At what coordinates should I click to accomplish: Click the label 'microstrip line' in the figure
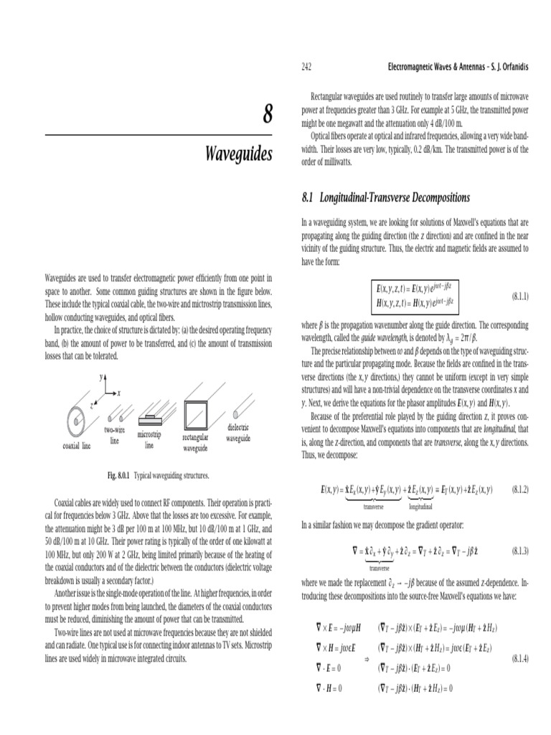coord(149,440)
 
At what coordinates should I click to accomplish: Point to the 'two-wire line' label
coord(114,435)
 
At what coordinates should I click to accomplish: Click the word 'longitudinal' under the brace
coord(420,505)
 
